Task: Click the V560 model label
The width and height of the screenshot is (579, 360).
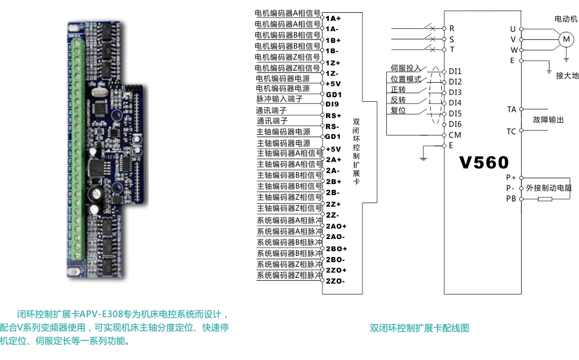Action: pos(483,163)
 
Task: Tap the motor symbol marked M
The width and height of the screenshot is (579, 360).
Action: pos(566,39)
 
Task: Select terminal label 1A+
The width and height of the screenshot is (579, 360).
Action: pos(333,19)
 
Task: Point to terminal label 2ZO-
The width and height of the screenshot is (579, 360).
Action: pos(335,281)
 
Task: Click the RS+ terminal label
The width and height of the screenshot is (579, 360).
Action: pos(333,116)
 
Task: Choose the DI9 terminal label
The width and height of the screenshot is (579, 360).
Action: pos(332,104)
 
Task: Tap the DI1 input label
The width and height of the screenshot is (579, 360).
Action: pos(455,71)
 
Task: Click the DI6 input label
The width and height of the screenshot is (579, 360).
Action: pos(455,124)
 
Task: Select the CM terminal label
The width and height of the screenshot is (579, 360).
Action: pos(455,135)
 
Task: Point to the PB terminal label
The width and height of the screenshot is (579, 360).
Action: pos(511,199)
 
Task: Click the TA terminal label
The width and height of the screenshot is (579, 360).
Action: pos(511,109)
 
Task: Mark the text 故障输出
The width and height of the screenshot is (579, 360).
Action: pos(548,120)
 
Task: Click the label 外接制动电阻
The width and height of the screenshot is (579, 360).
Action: pos(549,188)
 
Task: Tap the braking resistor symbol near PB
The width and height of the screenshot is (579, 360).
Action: pos(545,199)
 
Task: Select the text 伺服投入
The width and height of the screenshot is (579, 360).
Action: pos(406,68)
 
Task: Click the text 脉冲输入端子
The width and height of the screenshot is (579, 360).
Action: pos(280,99)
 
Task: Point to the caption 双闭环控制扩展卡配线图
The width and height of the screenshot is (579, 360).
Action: pos(419,328)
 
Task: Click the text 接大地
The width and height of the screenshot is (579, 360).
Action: pos(567,76)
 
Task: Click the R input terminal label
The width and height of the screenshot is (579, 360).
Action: pos(452,28)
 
